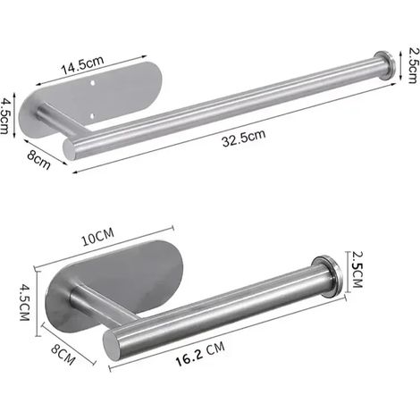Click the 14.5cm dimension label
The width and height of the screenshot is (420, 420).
click(82, 65)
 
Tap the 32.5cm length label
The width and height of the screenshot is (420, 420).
click(244, 138)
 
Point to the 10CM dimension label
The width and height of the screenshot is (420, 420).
click(98, 237)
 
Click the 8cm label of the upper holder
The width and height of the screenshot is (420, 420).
click(38, 160)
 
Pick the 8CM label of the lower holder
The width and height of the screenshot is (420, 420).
click(63, 354)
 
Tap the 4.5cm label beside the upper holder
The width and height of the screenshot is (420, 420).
click(5, 116)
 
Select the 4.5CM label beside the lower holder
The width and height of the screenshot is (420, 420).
click(25, 302)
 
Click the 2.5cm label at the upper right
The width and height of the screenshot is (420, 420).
click(414, 65)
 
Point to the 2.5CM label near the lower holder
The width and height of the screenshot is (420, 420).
click(357, 270)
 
